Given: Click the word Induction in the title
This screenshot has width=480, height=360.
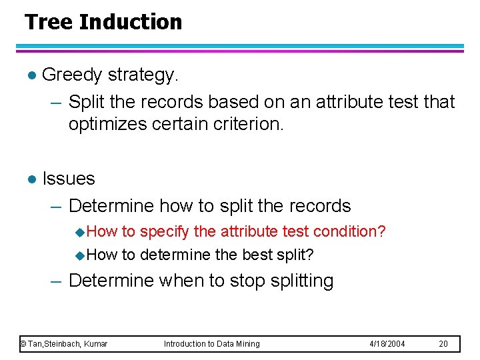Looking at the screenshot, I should coord(130,22).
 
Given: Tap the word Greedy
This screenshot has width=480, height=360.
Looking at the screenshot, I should coord(71,75).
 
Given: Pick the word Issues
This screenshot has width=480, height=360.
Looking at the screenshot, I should coord(69,179).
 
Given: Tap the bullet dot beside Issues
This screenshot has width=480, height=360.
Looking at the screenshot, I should coord(29,179).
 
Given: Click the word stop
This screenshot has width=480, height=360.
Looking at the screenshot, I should coord(249,281).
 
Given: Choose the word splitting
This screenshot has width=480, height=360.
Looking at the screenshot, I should coord(303,281).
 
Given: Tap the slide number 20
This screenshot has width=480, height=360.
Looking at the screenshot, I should coord(444,344).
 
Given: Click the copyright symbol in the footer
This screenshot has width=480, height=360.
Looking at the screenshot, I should coord(23,344).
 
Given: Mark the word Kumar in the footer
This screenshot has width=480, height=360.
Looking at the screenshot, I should coord(96,344).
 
